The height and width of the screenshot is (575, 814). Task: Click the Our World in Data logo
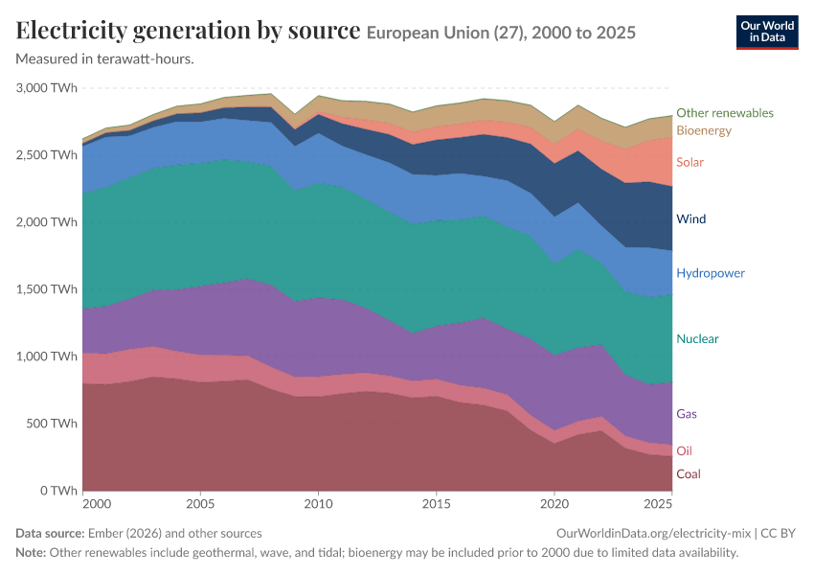pos(767,33)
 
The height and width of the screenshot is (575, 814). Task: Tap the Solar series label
pos(690,162)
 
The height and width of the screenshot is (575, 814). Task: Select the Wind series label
pos(691,218)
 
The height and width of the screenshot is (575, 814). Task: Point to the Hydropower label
pos(711,273)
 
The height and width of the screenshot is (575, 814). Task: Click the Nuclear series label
pos(697,338)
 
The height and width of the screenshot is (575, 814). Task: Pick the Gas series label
pos(687,414)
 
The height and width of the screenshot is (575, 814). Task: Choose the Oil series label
pos(684,450)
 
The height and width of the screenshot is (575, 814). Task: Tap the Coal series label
pos(689,473)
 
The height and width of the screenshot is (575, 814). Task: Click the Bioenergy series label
pos(704,130)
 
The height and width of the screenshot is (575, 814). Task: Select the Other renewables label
pos(725,113)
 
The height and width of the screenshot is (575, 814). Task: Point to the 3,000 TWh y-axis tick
pos(47,88)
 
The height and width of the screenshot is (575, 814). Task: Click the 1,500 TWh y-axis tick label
pos(47,289)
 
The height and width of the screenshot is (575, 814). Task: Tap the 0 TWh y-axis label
pos(58,491)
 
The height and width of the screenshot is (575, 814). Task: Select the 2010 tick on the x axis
pos(318,504)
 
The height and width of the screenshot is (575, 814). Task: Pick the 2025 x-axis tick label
pos(658,504)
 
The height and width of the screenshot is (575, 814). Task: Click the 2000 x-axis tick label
pos(97,504)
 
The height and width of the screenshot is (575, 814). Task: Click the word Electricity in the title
pos(71,31)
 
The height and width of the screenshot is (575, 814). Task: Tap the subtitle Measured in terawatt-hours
pos(105,59)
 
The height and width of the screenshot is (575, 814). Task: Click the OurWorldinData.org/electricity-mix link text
pos(653,534)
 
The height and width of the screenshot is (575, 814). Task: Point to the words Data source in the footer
pos(50,534)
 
